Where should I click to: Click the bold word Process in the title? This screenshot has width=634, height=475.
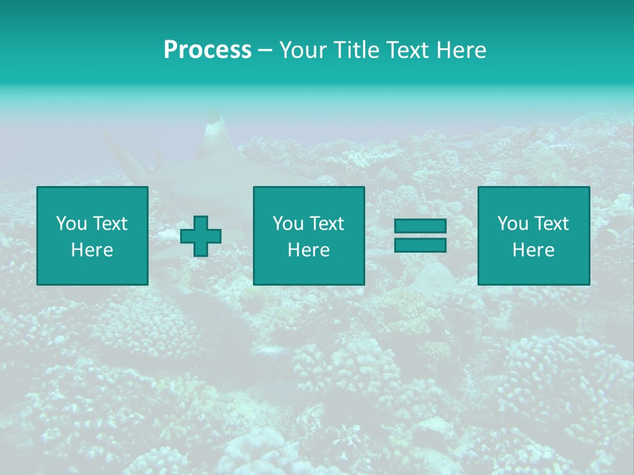pyautogui.click(x=207, y=50)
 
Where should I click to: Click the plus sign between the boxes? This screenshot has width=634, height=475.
pyautogui.click(x=201, y=236)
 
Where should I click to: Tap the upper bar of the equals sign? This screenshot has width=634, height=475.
pyautogui.click(x=420, y=226)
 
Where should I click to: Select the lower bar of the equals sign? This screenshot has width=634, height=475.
pyautogui.click(x=420, y=245)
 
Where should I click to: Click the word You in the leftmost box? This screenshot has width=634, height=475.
pyautogui.click(x=71, y=224)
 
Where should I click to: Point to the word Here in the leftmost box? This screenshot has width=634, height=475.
pyautogui.click(x=92, y=250)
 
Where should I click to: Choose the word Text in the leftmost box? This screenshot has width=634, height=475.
pyautogui.click(x=110, y=224)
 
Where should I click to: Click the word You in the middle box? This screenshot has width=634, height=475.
pyautogui.click(x=288, y=224)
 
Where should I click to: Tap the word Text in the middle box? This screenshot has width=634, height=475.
pyautogui.click(x=326, y=224)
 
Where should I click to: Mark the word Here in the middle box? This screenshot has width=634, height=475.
pyautogui.click(x=308, y=250)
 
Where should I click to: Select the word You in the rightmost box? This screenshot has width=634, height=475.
pyautogui.click(x=512, y=224)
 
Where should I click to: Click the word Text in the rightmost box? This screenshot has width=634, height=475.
pyautogui.click(x=551, y=224)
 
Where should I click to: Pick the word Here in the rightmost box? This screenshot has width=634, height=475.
pyautogui.click(x=533, y=250)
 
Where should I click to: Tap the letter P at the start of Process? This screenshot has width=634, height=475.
pyautogui.click(x=170, y=50)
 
